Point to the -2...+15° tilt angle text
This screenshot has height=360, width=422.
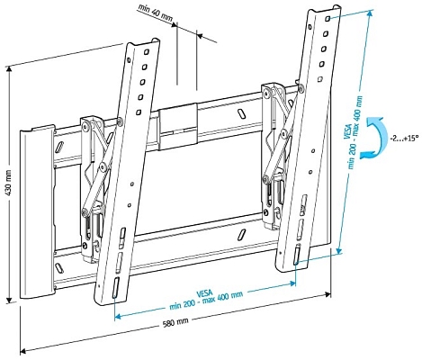(x=399, y=139)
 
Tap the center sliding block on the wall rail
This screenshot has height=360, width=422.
(x=178, y=127)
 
